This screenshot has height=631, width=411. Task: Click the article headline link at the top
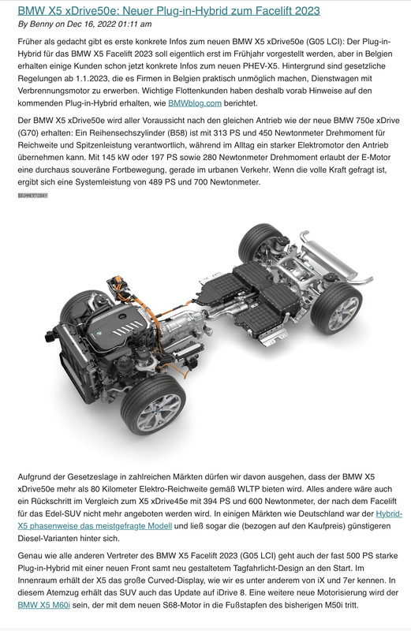pos(169,10)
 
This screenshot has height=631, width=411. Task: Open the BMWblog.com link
pos(195,103)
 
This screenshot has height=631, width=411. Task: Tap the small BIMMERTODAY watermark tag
pos(33,196)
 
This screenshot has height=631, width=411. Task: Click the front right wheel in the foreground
pos(153,405)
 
